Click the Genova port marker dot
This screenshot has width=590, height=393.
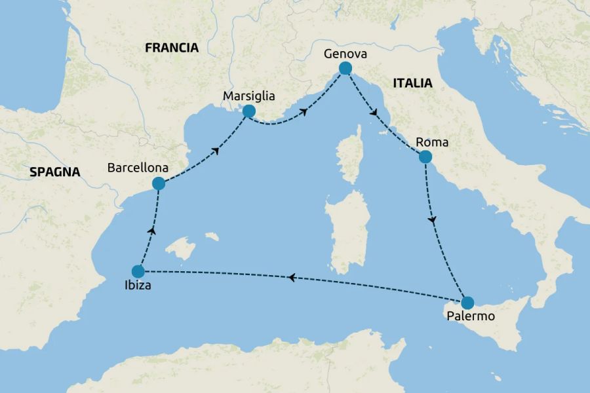click(x=345, y=68)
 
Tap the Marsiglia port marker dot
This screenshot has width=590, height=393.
click(x=248, y=111)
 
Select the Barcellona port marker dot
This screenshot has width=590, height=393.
click(x=158, y=184)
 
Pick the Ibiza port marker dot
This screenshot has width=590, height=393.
click(x=138, y=271)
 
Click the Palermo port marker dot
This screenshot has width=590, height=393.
click(x=467, y=303)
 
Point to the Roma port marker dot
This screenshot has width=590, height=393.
click(x=425, y=157)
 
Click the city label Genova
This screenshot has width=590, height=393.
click(x=345, y=53)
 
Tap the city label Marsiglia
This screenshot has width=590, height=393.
click(x=248, y=96)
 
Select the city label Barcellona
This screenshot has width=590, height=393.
click(x=138, y=168)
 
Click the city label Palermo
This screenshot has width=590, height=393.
click(x=469, y=317)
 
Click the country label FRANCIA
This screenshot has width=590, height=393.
click(x=172, y=47)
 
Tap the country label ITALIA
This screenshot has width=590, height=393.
click(x=412, y=83)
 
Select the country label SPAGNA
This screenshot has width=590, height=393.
click(x=54, y=172)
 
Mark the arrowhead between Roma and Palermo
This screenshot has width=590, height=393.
click(x=432, y=221)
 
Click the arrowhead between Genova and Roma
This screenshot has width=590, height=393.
click(x=374, y=114)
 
